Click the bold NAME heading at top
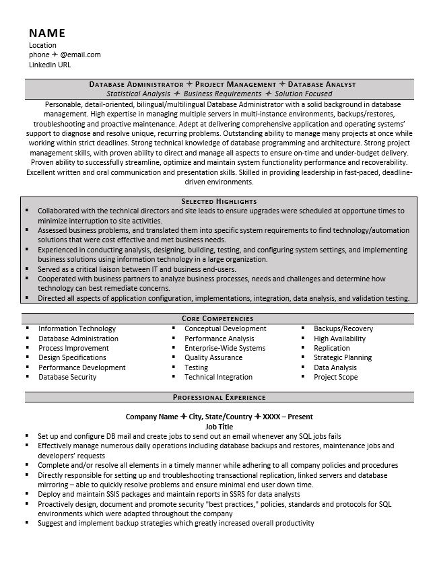point(46,33)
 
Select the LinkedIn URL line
point(50,65)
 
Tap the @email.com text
point(80,55)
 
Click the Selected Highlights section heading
point(219,201)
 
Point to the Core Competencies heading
point(219,318)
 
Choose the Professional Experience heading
point(219,397)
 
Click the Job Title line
point(219,426)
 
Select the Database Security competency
point(67,377)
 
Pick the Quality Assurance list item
point(213,358)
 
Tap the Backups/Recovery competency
point(343,328)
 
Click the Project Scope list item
point(335,377)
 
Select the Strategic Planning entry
point(342,358)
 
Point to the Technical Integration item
point(218,377)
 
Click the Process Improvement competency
point(73,348)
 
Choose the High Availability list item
point(339,339)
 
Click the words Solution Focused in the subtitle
point(303,94)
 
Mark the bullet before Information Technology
point(27,328)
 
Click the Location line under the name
point(43,46)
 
